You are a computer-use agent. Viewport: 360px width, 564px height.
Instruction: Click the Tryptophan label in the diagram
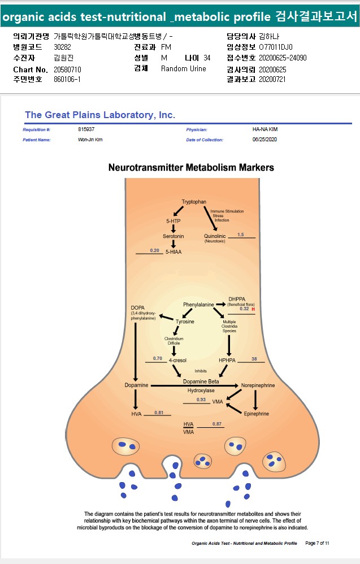click(x=194, y=202)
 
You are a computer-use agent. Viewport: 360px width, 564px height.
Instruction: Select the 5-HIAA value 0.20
click(x=154, y=250)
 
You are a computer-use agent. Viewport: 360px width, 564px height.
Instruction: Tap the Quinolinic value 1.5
click(x=241, y=235)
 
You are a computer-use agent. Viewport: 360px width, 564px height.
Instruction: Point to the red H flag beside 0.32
click(x=253, y=309)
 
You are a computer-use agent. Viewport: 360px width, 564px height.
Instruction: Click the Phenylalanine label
click(x=198, y=305)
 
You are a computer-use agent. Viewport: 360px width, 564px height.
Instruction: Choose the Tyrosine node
click(x=184, y=322)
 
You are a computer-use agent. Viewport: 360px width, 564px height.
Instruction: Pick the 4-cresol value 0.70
click(x=158, y=358)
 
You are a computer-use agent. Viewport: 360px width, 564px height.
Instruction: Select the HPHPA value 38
click(x=254, y=359)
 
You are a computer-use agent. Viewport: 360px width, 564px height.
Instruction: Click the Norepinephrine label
click(x=258, y=385)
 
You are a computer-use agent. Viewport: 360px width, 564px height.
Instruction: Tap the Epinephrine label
click(x=257, y=414)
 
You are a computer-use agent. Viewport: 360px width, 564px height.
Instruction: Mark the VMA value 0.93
click(x=201, y=400)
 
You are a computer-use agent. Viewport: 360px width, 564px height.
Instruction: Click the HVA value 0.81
click(x=159, y=413)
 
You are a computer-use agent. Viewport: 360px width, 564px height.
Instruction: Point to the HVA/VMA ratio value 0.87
click(x=217, y=424)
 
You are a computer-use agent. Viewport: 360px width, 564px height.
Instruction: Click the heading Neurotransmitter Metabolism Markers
click(x=191, y=168)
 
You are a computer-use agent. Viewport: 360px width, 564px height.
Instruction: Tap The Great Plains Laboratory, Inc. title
click(x=100, y=115)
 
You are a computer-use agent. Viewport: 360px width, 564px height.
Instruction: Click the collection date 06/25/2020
click(x=264, y=139)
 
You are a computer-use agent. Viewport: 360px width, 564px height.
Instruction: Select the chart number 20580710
click(x=68, y=69)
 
